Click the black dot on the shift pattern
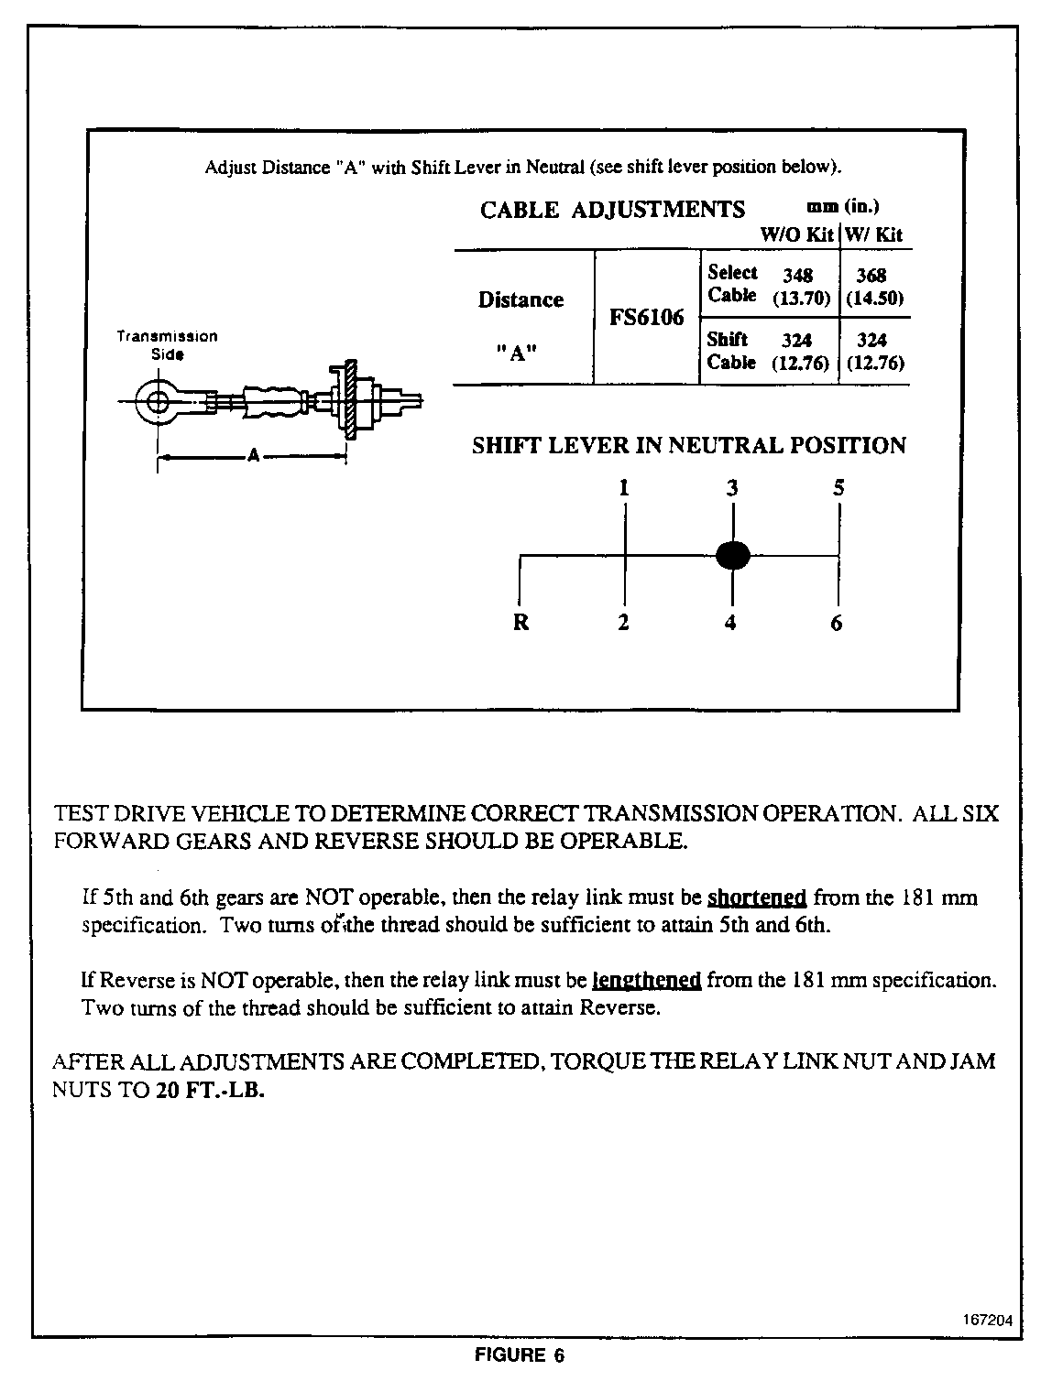tap(732, 555)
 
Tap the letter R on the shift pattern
tap(520, 623)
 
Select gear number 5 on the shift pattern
tap(838, 488)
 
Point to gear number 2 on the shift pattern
tap(623, 623)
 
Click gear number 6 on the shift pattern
tap(837, 623)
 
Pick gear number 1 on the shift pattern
tap(623, 488)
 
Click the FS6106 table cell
tap(647, 318)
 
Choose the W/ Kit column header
tap(874, 234)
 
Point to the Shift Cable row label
tap(731, 351)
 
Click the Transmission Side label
tap(167, 344)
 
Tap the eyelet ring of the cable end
tap(157, 400)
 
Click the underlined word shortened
tap(757, 897)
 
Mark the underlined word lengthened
tap(647, 981)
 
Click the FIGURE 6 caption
tap(520, 1355)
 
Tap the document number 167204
tap(988, 1321)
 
